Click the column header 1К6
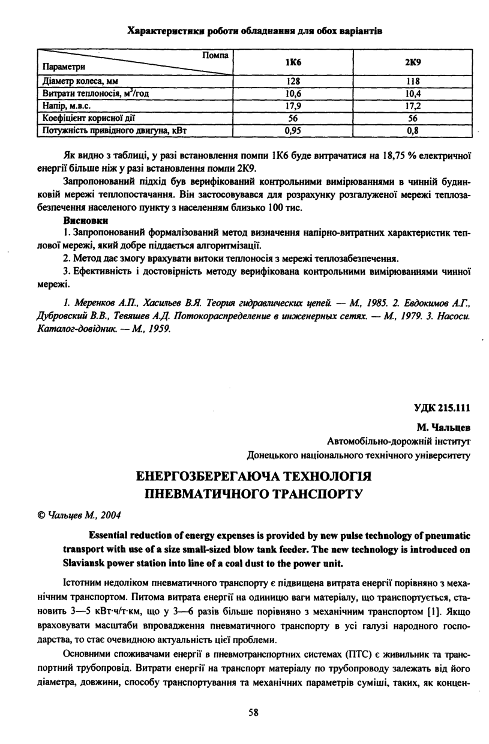[x=292, y=62]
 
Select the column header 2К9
[x=412, y=62]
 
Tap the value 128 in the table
[x=292, y=82]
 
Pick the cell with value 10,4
[x=412, y=94]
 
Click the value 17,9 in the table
[x=292, y=106]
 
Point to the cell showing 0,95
[x=292, y=129]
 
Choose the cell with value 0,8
[x=412, y=129]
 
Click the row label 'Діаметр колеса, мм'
[x=78, y=82]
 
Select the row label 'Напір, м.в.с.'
[x=65, y=106]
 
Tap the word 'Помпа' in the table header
[x=215, y=55]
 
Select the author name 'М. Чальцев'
[x=443, y=427]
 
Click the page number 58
[x=253, y=712]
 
